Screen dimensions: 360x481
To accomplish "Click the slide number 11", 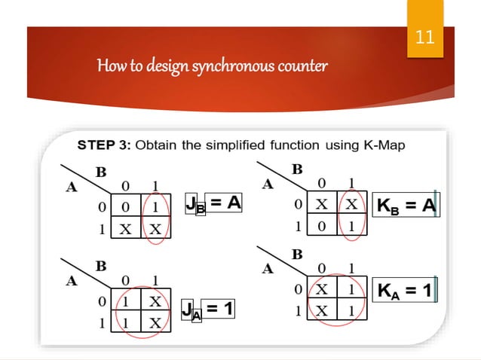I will tap(425, 36).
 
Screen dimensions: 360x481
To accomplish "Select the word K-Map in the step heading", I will tap(381, 145).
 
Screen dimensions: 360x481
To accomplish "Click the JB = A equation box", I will tap(214, 203).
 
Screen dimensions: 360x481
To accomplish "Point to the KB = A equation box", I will tap(406, 205).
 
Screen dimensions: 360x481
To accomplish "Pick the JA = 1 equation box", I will tap(209, 308).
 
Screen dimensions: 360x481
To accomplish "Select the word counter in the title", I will tap(305, 66).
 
